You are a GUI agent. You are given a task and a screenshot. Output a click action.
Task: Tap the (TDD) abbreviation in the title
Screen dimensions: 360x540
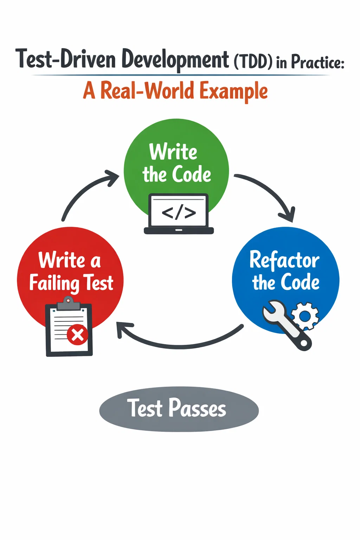[253, 62]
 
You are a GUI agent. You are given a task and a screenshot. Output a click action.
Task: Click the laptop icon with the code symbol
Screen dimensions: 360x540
[179, 214]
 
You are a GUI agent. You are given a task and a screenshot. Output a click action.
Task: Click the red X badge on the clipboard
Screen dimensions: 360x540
[77, 335]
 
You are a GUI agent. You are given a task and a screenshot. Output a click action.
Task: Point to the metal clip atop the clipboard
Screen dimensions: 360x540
[69, 303]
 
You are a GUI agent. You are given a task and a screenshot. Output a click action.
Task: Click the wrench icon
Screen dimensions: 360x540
[287, 325]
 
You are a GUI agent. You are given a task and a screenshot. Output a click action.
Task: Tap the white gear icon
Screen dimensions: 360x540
[305, 316]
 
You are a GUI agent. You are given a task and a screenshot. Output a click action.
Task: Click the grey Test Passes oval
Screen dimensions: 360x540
[179, 409]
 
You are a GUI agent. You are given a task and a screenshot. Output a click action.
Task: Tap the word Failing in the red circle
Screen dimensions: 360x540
[54, 283]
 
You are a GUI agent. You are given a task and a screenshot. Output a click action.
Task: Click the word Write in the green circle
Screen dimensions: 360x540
[173, 152]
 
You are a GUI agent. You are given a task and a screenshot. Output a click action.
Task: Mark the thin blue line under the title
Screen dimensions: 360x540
[181, 75]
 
